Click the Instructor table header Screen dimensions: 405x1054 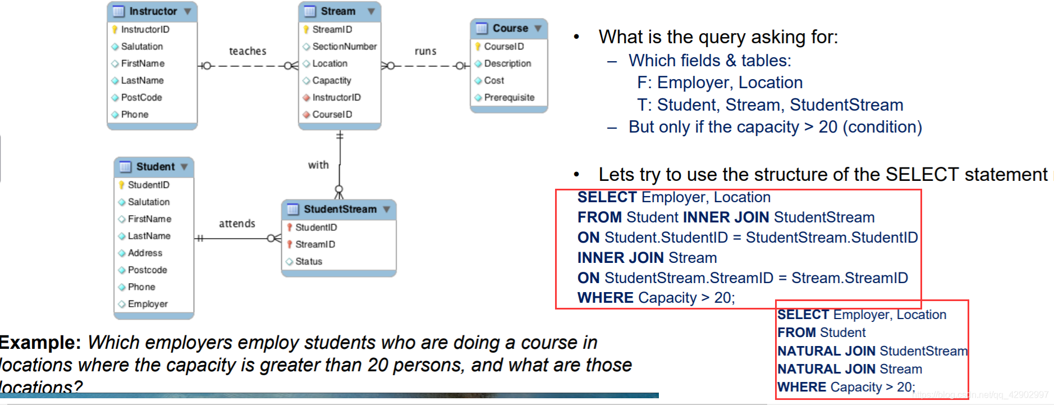[152, 11]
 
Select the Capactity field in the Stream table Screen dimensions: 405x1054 [331, 80]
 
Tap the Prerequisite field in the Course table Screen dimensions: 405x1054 [509, 97]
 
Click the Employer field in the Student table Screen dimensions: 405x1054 [148, 304]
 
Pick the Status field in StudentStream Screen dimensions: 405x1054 [309, 261]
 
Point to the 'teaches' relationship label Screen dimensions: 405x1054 [248, 51]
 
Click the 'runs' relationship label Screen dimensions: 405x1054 [425, 51]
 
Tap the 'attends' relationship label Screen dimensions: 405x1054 [237, 224]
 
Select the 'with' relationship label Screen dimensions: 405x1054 [318, 165]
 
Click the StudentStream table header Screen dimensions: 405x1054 [339, 209]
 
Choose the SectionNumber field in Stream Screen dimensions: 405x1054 [344, 47]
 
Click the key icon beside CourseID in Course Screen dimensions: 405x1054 [478, 47]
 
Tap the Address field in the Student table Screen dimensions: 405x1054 [145, 253]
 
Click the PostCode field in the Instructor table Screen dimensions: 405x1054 [141, 97]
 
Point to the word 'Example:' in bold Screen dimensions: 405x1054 [40, 343]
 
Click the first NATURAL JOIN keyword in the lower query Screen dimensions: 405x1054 [826, 351]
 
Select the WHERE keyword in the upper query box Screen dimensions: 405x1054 [605, 298]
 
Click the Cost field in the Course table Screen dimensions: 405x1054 [494, 80]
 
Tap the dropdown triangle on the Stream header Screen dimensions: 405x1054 [371, 11]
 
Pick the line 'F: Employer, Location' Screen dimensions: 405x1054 [720, 83]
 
